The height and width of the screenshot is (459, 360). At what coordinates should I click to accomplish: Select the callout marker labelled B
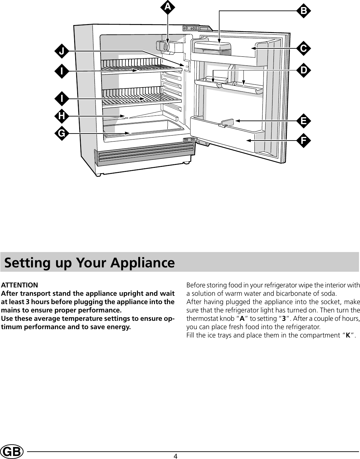(304, 11)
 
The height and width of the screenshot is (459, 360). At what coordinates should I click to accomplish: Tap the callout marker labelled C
(304, 48)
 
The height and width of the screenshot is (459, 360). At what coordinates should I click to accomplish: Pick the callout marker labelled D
(304, 70)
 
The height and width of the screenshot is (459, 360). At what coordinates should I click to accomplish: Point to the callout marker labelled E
(304, 121)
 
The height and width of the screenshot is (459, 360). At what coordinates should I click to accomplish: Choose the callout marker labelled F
(304, 141)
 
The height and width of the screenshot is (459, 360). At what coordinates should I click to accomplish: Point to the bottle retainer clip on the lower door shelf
(227, 123)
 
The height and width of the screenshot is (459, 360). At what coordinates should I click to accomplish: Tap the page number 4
(175, 456)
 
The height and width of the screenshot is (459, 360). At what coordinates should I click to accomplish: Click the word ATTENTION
(20, 285)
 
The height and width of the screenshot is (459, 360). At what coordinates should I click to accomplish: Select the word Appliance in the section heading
(143, 263)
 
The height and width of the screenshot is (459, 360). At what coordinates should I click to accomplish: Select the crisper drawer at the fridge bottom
(144, 128)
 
